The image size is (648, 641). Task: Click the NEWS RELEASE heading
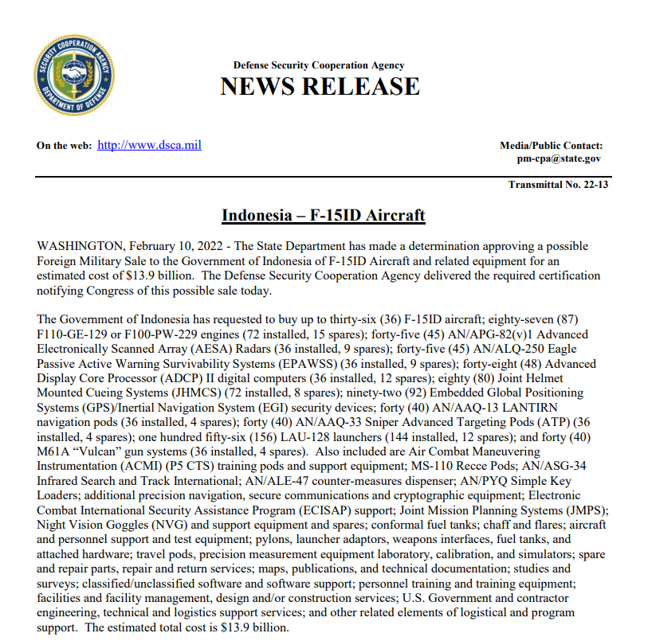[320, 86]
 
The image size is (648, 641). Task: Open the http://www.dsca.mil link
[149, 146]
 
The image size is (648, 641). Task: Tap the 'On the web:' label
[64, 146]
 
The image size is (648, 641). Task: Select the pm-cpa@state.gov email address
[559, 158]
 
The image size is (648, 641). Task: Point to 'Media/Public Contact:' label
[551, 146]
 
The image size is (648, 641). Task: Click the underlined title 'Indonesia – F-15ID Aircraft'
[323, 216]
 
